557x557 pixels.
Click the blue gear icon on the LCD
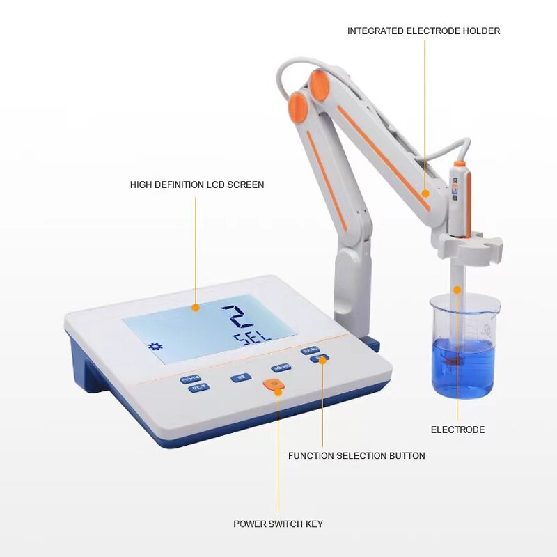(x=155, y=346)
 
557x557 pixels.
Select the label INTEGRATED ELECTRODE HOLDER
(x=423, y=31)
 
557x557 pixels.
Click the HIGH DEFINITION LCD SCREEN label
(x=197, y=185)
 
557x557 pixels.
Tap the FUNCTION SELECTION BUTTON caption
(x=356, y=455)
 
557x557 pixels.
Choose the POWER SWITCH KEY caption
(x=278, y=524)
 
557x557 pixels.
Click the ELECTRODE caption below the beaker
(x=457, y=430)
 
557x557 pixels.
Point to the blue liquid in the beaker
(x=463, y=369)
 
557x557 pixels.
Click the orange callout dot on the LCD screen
(x=196, y=307)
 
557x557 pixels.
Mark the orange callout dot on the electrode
(x=457, y=289)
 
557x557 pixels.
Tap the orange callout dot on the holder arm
(x=425, y=194)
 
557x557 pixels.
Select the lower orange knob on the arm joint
(x=298, y=108)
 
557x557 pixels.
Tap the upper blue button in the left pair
(x=189, y=380)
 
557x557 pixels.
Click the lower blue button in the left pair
(x=198, y=389)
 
